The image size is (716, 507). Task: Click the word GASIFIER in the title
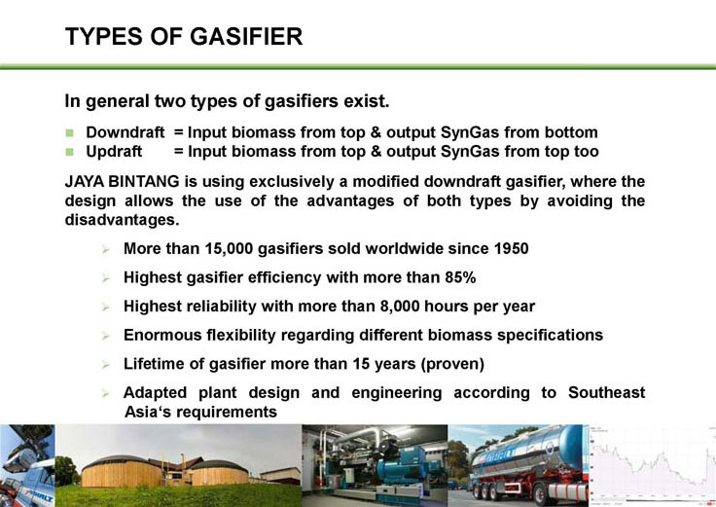pos(246,37)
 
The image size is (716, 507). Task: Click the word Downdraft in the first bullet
pos(125,132)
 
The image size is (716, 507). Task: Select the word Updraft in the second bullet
pos(114,152)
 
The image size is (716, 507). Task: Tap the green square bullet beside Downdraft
pos(69,133)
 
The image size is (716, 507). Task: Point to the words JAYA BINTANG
pos(122,182)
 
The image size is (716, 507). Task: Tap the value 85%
pos(461,277)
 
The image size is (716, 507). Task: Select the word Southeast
pos(606,393)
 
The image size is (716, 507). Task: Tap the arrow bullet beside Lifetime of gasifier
pos(106,365)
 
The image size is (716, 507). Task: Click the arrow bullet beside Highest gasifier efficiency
pos(106,278)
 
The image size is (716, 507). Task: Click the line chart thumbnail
pos(653,465)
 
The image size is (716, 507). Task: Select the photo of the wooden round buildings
pos(178,465)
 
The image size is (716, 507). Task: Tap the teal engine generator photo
pos(375,465)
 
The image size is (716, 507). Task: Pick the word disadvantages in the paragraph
pos(122,220)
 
